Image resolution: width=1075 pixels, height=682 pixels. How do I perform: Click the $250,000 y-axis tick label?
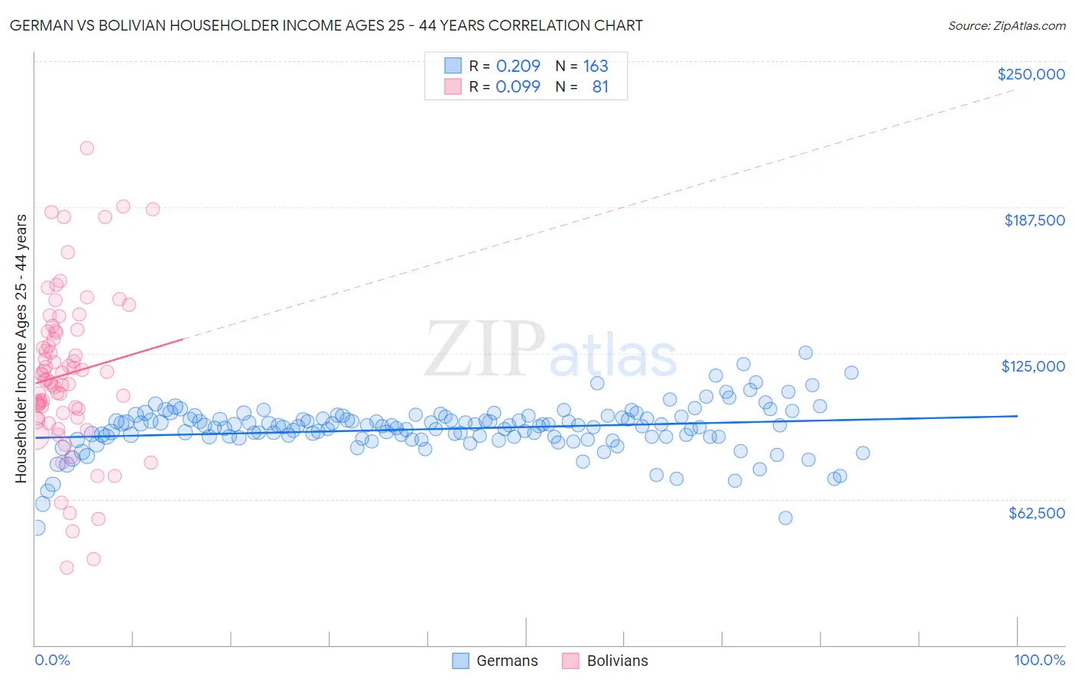pyautogui.click(x=1031, y=74)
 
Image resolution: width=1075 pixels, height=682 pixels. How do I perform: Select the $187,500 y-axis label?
pyautogui.click(x=1034, y=220)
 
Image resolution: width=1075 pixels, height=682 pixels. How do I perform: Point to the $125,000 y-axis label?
pyautogui.click(x=1033, y=366)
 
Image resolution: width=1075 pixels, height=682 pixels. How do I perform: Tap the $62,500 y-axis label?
pyautogui.click(x=1036, y=513)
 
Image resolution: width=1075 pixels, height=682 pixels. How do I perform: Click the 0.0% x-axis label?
pyautogui.click(x=52, y=660)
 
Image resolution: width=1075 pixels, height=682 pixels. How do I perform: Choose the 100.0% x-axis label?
pyautogui.click(x=1039, y=660)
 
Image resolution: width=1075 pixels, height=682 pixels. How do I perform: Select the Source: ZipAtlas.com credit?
pyautogui.click(x=1006, y=25)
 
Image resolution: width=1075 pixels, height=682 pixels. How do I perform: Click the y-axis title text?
pyautogui.click(x=21, y=348)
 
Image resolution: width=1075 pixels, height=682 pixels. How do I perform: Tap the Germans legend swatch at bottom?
pyautogui.click(x=460, y=661)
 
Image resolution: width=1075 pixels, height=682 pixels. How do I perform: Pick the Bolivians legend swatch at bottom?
pyautogui.click(x=570, y=661)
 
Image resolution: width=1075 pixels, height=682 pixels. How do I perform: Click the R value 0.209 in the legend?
pyautogui.click(x=518, y=66)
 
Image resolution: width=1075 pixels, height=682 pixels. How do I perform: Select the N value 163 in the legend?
pyautogui.click(x=596, y=66)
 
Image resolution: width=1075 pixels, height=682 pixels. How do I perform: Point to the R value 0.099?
pyautogui.click(x=518, y=86)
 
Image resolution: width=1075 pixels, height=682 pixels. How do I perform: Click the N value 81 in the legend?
pyautogui.click(x=600, y=86)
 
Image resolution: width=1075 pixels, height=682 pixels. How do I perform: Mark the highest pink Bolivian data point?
pyautogui.click(x=87, y=148)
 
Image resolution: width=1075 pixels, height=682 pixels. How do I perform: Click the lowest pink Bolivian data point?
pyautogui.click(x=67, y=567)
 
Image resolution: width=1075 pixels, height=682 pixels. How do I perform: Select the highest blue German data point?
pyautogui.click(x=805, y=352)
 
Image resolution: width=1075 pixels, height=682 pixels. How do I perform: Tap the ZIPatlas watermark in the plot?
pyautogui.click(x=550, y=350)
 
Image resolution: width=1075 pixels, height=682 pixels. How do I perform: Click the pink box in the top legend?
pyautogui.click(x=453, y=86)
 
